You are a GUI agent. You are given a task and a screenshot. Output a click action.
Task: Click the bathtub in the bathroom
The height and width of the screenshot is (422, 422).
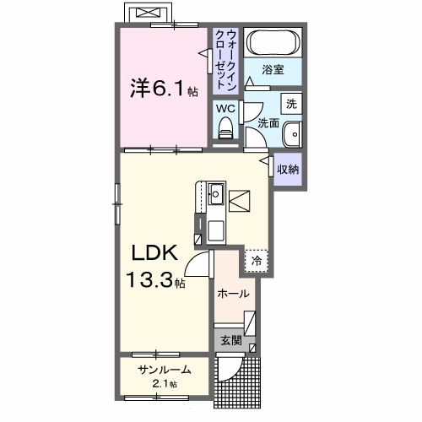(x=272, y=43)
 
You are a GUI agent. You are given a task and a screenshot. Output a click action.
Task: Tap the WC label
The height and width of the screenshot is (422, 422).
(x=224, y=108)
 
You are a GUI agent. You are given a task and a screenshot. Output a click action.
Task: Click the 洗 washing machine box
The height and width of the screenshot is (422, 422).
(x=291, y=104)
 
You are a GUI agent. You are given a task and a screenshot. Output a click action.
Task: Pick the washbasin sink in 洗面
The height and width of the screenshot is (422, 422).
(x=292, y=135)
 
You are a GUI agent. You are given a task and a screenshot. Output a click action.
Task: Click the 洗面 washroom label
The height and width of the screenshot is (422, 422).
(x=268, y=123)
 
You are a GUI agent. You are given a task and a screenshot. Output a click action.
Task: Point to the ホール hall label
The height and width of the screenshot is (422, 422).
(x=234, y=294)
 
